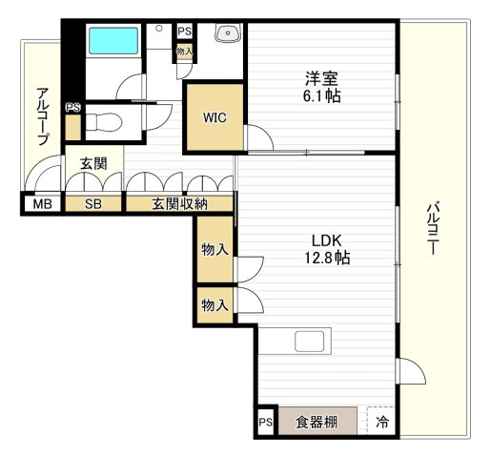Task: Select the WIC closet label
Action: coord(214,118)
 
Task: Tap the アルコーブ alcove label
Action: coord(43,115)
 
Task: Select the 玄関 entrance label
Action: coord(92,164)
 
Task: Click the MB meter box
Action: coord(42,204)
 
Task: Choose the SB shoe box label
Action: coord(92,204)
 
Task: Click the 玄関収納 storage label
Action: coord(178,204)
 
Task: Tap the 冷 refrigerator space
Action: coord(382,421)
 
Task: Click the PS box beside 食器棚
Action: coord(266,421)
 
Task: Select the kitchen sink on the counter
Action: coord(312,342)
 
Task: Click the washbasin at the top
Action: coord(228,33)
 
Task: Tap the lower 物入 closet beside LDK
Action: coord(215,305)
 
